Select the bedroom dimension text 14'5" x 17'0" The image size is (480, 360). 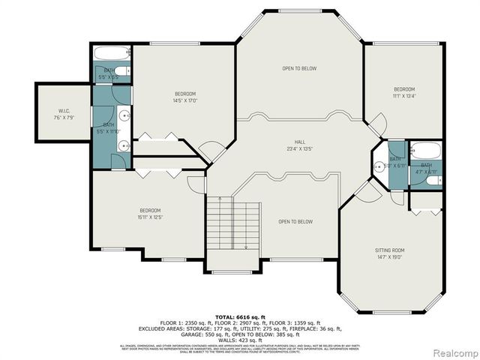[x=184, y=100]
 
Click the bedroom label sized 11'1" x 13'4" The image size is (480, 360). [x=404, y=95]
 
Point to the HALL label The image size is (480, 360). [x=299, y=141]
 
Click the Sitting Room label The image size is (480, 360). [x=389, y=250]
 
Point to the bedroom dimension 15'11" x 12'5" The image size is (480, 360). [x=151, y=217]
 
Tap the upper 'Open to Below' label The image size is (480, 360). [x=299, y=69]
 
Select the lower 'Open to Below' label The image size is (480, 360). [x=295, y=221]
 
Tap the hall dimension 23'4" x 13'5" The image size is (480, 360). [x=299, y=148]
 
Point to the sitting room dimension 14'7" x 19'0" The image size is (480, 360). [x=389, y=256]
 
